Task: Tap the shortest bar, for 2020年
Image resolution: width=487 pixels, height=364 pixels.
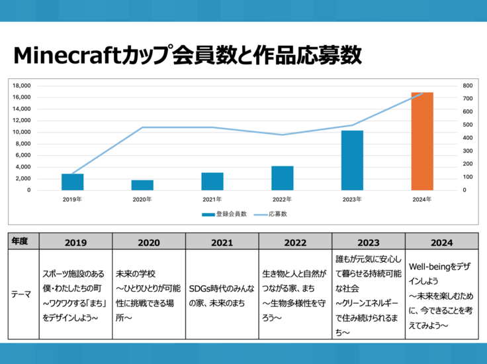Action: click(x=142, y=185)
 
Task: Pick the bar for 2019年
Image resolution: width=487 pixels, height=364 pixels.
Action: click(x=73, y=182)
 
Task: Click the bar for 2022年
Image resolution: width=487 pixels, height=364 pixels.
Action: click(x=283, y=178)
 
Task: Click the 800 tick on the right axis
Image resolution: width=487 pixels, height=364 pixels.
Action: click(x=468, y=86)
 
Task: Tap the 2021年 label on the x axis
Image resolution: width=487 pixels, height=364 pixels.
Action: click(x=212, y=199)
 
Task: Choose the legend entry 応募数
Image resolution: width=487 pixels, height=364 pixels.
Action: click(x=277, y=214)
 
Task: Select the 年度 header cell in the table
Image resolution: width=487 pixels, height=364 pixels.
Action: click(x=21, y=242)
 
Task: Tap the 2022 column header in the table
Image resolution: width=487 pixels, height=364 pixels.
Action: click(x=295, y=242)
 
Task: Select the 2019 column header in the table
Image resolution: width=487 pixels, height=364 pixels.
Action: click(x=76, y=242)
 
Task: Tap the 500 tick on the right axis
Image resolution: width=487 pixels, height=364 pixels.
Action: click(x=468, y=125)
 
